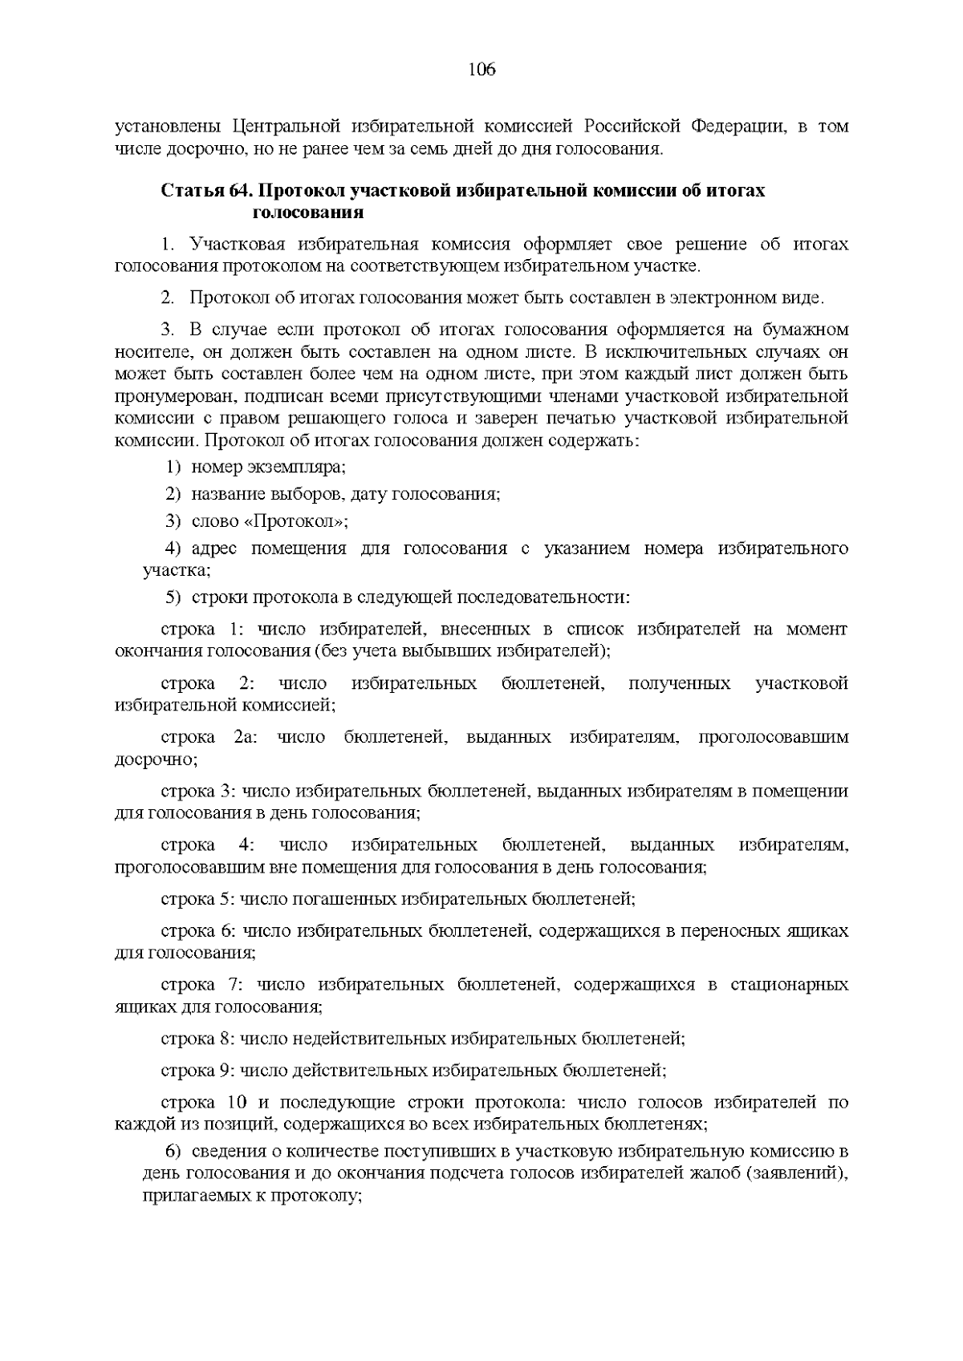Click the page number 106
[482, 70]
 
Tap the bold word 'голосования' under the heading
[308, 213]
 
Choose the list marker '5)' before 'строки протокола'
[174, 597]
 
